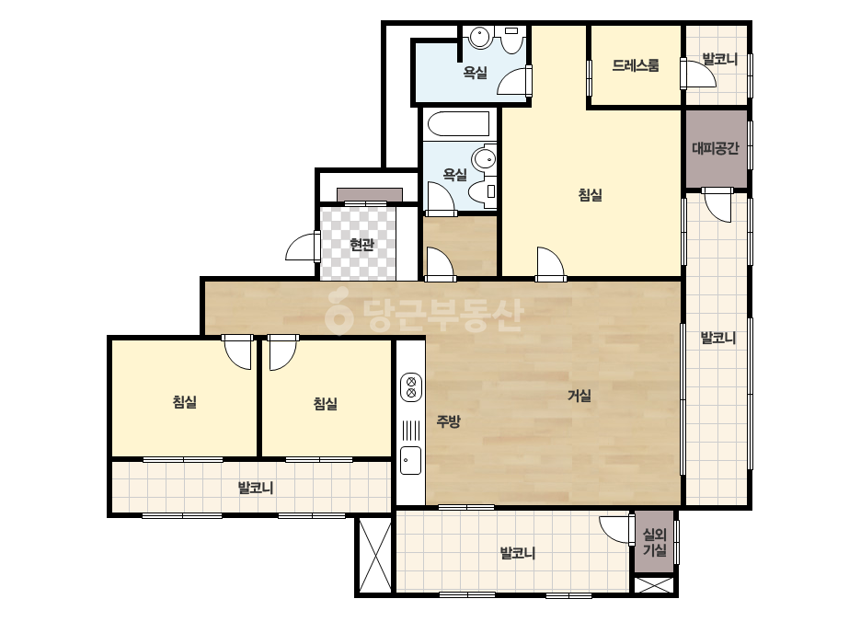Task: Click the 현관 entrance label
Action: [361, 245]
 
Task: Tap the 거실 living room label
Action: [579, 396]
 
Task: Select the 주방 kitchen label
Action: [448, 421]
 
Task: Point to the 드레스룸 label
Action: [636, 65]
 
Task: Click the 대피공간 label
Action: [716, 148]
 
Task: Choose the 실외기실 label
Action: [654, 542]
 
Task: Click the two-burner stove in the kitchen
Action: [411, 386]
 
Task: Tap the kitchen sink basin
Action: [411, 460]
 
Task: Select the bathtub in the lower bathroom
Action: [459, 123]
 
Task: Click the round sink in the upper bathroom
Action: [480, 38]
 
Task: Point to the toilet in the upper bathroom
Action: [511, 40]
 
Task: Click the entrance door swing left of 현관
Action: [301, 248]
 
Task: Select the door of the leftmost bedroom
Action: [238, 351]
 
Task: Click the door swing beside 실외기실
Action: [616, 529]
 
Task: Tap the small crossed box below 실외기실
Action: [654, 586]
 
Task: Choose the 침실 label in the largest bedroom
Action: [591, 194]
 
